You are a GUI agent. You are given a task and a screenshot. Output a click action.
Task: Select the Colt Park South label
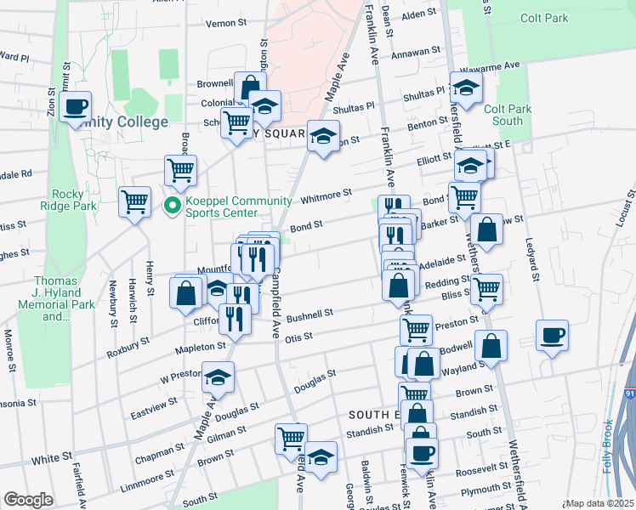pos(503,115)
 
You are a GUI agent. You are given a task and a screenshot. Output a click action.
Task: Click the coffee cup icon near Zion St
pos(75,107)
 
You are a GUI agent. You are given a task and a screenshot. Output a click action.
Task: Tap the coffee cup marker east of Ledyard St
pos(553,335)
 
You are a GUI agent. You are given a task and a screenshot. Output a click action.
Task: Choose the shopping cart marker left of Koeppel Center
pos(134,202)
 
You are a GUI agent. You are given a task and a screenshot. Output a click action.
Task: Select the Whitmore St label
pos(326,196)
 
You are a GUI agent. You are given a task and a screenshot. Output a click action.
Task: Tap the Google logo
pos(28,500)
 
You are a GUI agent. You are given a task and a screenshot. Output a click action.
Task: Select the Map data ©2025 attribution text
pos(599,503)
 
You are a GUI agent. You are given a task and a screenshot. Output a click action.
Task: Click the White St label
pos(52,459)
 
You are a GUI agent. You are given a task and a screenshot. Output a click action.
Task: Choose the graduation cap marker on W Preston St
pos(219,376)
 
